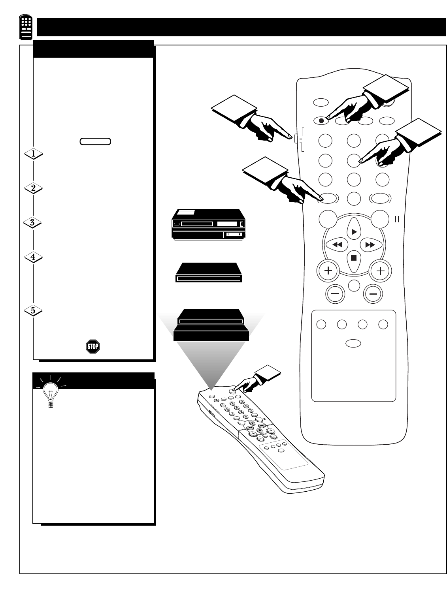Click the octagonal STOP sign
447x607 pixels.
coord(93,346)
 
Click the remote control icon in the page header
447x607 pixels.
coord(26,28)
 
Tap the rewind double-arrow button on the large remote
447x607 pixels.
coord(337,245)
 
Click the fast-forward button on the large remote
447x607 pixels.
coord(370,245)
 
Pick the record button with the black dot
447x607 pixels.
coord(321,120)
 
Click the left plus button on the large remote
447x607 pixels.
coord(328,271)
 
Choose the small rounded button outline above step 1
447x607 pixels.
coord(95,141)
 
